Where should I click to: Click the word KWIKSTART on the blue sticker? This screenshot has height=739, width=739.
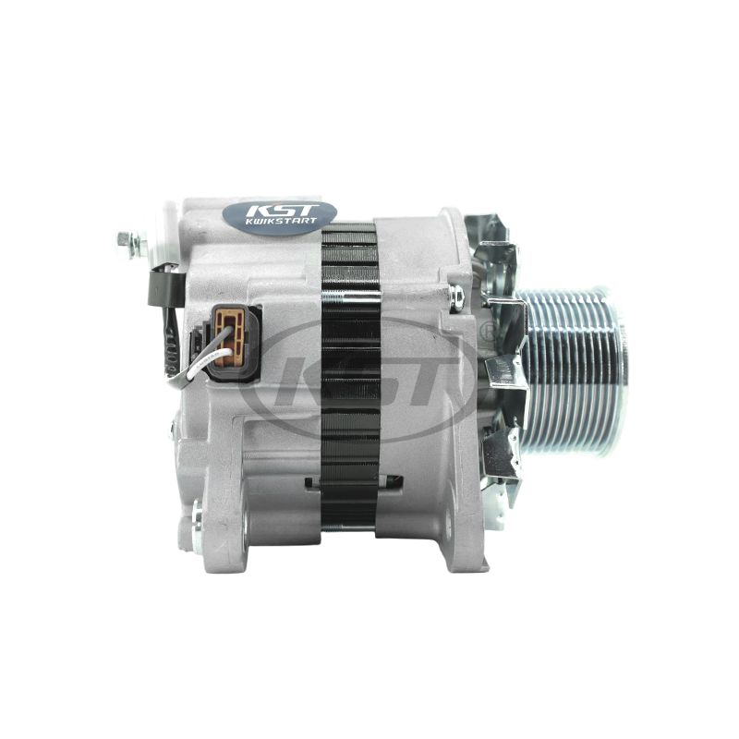(x=281, y=221)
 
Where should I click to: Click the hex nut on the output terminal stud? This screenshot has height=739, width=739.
(x=125, y=245)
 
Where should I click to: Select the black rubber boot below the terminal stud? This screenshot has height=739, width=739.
(x=165, y=287)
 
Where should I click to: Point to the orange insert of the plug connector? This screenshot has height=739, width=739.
(x=229, y=336)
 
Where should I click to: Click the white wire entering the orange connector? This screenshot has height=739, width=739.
(x=207, y=362)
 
